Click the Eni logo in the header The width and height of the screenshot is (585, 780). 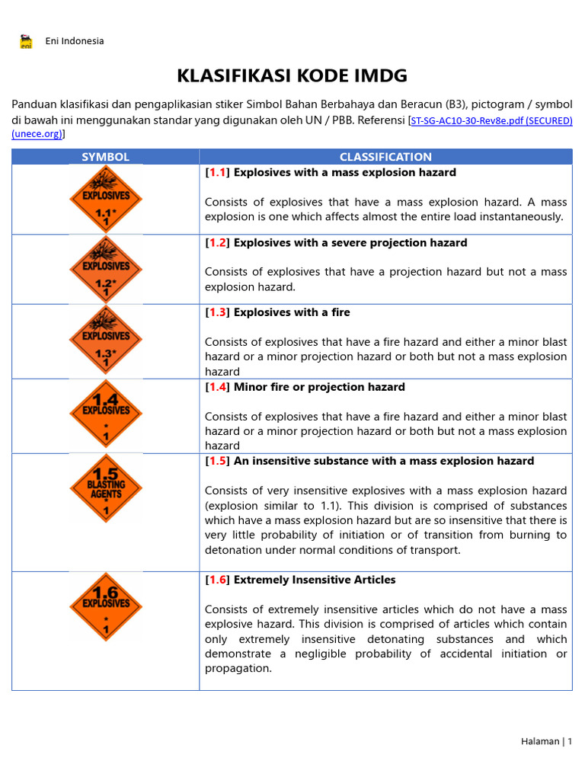click(26, 42)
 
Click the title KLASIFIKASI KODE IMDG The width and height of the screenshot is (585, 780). click(292, 75)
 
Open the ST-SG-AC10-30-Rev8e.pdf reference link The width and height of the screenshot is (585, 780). click(491, 120)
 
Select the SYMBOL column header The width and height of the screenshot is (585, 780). click(105, 157)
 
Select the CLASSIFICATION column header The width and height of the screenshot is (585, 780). click(385, 157)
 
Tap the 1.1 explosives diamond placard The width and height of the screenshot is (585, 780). click(106, 199)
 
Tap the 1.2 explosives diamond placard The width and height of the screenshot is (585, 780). click(106, 269)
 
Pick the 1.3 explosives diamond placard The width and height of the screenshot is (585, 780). click(106, 340)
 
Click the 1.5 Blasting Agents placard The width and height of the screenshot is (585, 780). click(106, 487)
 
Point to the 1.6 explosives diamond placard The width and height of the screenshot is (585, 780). click(106, 606)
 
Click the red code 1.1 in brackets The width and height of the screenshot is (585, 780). click(218, 173)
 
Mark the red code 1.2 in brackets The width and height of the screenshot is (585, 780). click(218, 243)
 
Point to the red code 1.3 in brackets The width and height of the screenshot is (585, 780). click(218, 313)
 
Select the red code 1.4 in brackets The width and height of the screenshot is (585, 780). click(218, 387)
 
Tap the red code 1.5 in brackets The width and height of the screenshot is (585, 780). click(218, 462)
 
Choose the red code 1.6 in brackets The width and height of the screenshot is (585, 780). click(218, 580)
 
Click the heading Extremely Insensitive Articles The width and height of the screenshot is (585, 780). click(315, 580)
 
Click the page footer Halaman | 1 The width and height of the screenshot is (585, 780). click(546, 742)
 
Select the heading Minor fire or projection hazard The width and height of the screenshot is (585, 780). click(319, 387)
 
